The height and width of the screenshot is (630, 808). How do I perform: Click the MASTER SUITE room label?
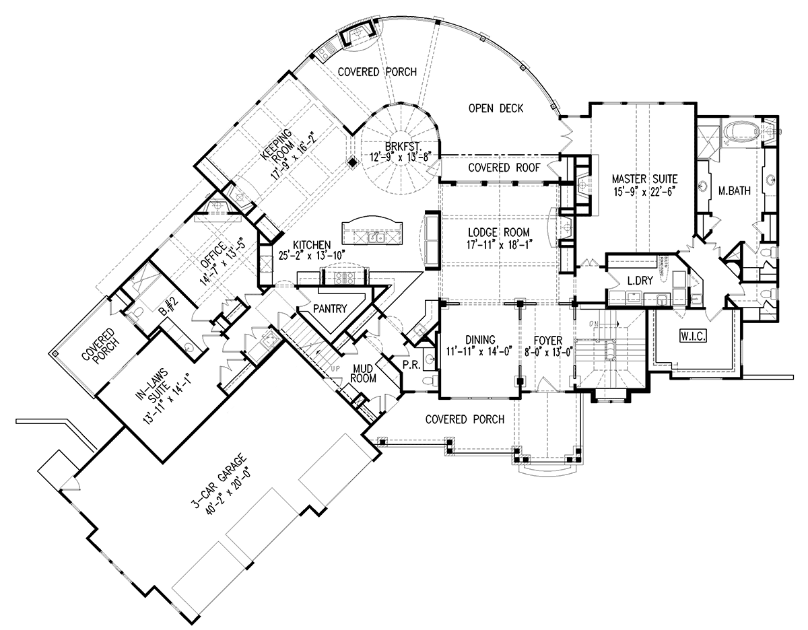click(644, 179)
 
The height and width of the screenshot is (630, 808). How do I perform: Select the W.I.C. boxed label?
click(693, 336)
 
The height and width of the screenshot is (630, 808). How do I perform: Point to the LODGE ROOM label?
click(499, 233)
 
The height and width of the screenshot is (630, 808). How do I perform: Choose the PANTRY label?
click(330, 308)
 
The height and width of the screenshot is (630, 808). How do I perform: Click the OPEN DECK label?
click(496, 108)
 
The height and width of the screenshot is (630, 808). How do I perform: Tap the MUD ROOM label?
click(363, 374)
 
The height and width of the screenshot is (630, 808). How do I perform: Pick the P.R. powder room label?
click(411, 365)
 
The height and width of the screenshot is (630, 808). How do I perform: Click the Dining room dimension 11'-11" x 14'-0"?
click(479, 351)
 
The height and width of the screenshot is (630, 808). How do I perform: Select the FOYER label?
click(548, 341)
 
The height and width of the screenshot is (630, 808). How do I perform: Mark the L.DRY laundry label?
click(640, 281)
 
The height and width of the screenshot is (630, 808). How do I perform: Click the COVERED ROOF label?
click(504, 168)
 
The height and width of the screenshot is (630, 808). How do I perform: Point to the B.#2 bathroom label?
click(170, 308)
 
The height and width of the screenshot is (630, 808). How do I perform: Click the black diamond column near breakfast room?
click(352, 162)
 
